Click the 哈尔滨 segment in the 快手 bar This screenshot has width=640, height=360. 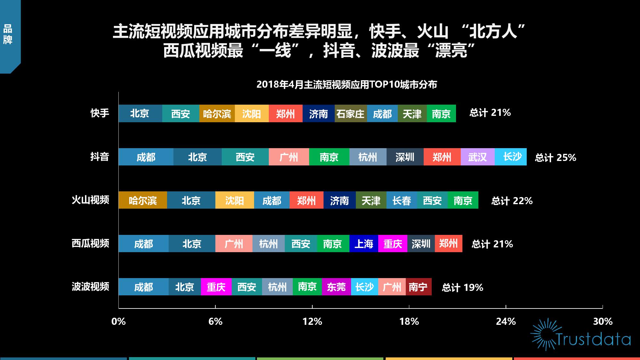[x=217, y=114]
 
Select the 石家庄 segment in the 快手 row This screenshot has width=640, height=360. [x=351, y=114]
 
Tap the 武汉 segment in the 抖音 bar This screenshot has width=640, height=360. [x=478, y=157]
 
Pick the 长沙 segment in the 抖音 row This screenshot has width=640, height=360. [x=511, y=157]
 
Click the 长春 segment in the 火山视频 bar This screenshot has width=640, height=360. [x=402, y=200]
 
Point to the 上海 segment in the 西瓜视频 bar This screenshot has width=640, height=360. [x=364, y=244]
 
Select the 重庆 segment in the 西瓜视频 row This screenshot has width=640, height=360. [x=393, y=244]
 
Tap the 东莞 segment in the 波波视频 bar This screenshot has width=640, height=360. [x=336, y=287]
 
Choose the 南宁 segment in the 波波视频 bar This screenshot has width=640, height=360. [x=419, y=287]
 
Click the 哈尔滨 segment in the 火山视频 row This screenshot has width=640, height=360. [x=143, y=200]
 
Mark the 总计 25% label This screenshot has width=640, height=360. [x=556, y=157]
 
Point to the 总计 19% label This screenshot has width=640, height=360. [x=462, y=287]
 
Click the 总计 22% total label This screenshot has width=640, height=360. [x=512, y=201]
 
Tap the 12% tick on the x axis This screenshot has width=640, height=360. [x=312, y=321]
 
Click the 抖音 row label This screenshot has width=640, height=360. [x=100, y=156]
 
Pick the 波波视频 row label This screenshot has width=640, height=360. [x=91, y=286]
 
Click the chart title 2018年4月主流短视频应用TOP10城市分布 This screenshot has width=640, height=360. [x=347, y=84]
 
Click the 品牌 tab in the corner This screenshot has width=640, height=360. [x=8, y=35]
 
